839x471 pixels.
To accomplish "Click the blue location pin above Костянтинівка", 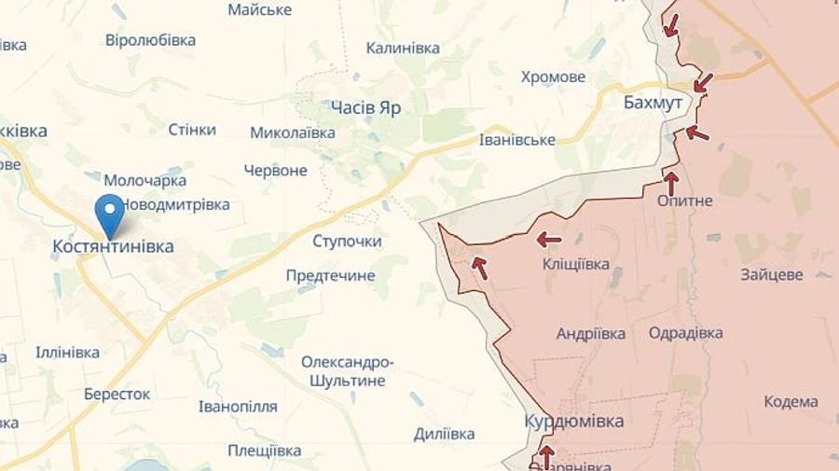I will coord(110,215).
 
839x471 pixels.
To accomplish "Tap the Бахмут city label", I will coord(653,103).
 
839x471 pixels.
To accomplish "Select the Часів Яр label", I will coord(366,107).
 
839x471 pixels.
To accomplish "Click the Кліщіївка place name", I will coord(575,265).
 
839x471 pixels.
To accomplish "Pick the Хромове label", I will coord(554,76).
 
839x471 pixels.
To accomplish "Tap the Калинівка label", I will coord(403,48).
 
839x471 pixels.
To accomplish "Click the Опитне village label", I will coord(684,201).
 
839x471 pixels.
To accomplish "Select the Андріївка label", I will coord(591,333).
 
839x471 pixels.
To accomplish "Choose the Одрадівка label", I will coord(685,333).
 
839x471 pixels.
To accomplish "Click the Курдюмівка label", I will coord(574,421).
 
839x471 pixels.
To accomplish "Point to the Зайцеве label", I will coord(772,275).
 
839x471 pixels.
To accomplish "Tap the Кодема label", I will coord(791,402).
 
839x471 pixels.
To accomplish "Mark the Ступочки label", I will coord(347,242).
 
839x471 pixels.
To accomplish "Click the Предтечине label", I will coord(330,275).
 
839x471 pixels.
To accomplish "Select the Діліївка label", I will coord(444,434).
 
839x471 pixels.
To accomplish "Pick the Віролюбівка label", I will coord(150,40).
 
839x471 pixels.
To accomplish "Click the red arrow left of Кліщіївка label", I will coord(548,240).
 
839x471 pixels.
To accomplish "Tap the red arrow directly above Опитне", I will coord(670,181).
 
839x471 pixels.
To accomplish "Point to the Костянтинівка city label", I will coord(113,246).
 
